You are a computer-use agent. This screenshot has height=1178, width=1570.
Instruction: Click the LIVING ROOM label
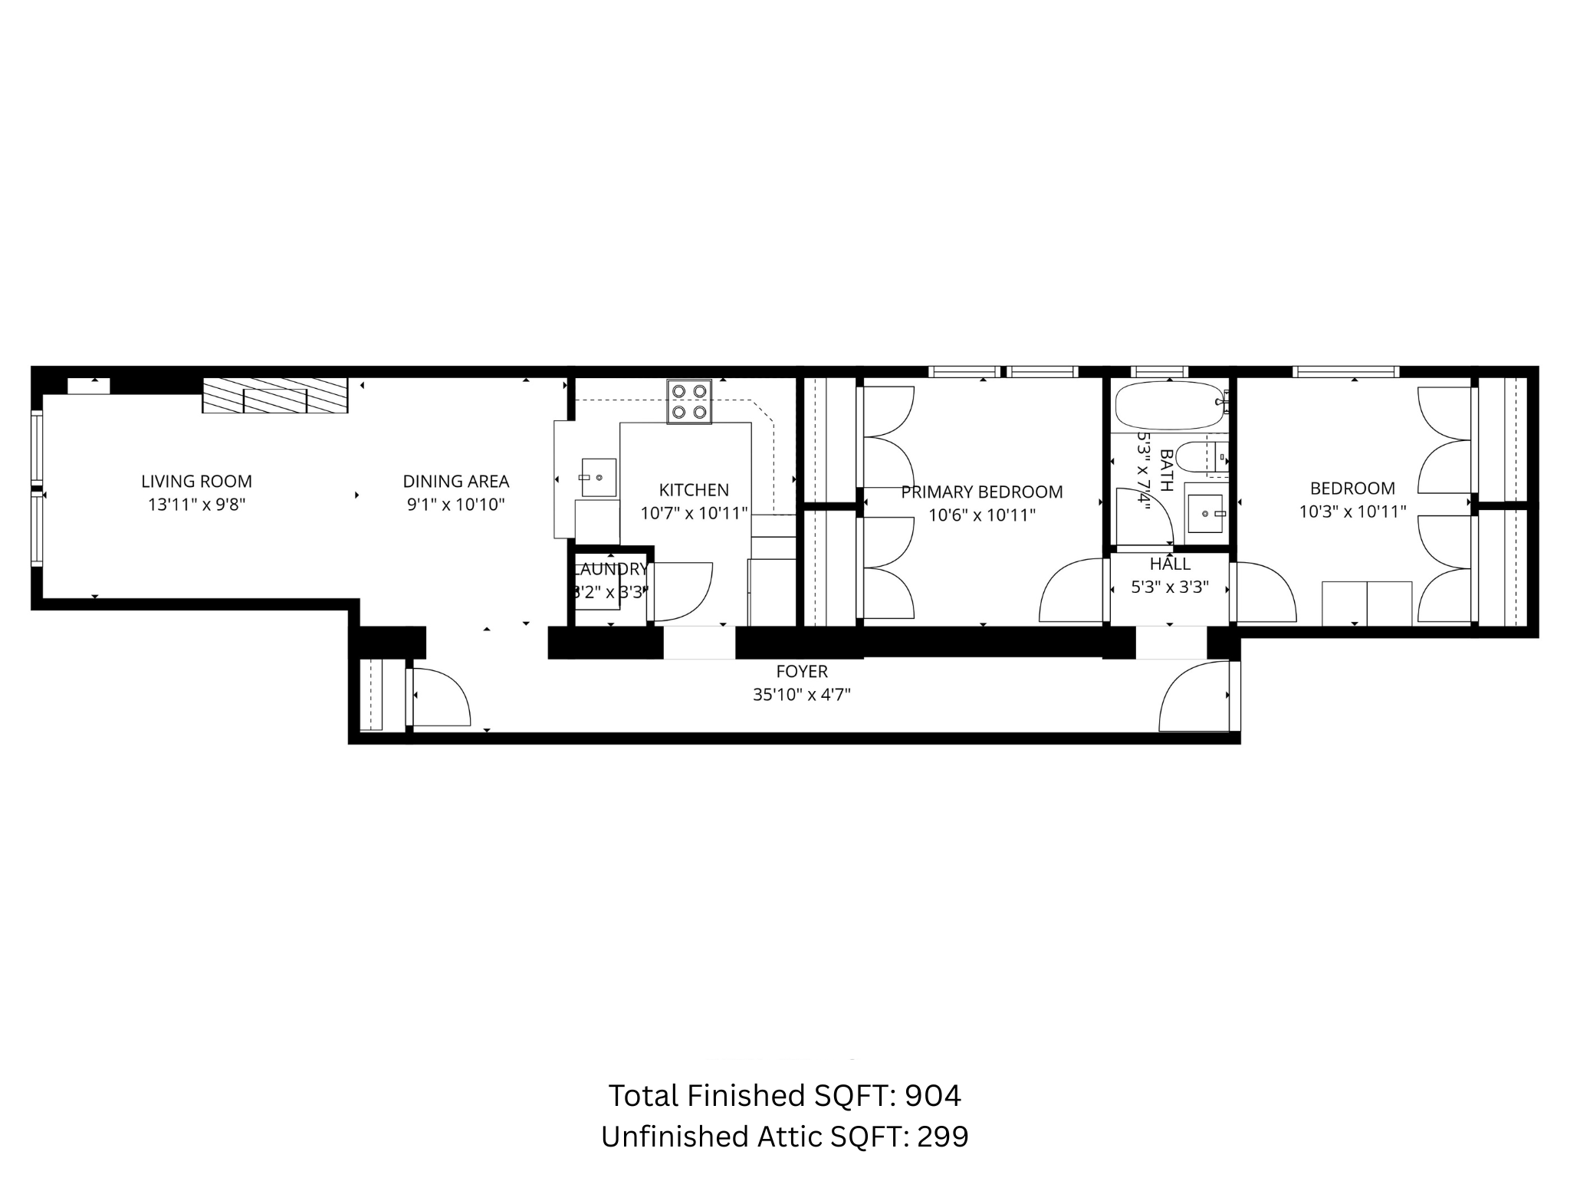click(x=196, y=482)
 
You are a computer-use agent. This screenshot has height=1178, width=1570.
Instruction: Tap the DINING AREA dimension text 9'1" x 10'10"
click(x=455, y=505)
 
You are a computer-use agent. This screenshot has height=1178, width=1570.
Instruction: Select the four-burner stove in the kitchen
click(x=688, y=401)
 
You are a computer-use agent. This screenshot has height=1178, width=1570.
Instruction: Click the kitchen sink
click(x=598, y=477)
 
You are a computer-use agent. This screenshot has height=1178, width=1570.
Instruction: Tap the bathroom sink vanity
click(x=1205, y=512)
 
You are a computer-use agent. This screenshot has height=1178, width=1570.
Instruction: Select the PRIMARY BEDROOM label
click(x=981, y=492)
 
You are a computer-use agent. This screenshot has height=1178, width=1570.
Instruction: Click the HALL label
click(x=1170, y=564)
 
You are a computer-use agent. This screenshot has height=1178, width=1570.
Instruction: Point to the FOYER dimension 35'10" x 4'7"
click(x=802, y=695)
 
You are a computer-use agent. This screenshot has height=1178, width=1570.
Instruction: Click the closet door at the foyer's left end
click(x=439, y=696)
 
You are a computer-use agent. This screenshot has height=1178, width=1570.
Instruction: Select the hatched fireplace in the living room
click(x=274, y=396)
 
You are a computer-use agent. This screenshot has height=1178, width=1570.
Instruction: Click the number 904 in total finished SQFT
click(x=932, y=1096)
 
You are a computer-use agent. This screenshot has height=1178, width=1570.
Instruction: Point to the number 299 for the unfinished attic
click(x=943, y=1137)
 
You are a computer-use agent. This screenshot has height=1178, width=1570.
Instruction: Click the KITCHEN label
click(x=694, y=490)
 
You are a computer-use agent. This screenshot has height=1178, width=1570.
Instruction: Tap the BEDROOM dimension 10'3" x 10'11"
click(x=1352, y=512)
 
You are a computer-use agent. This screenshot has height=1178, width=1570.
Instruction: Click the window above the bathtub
click(x=1160, y=372)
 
